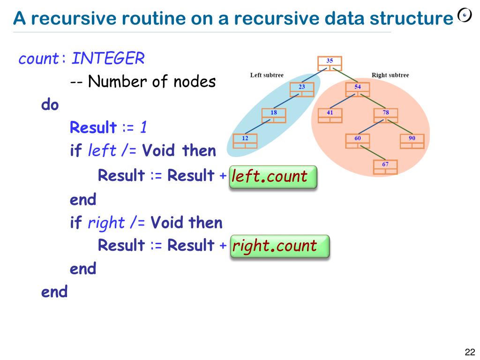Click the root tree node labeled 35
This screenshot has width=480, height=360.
[x=330, y=63]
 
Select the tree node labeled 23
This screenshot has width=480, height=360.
[x=301, y=90]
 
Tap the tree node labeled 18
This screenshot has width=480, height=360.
[x=273, y=115]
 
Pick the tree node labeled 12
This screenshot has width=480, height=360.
[x=245, y=141]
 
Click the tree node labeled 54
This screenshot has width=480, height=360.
[x=357, y=90]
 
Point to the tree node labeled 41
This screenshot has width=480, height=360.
[x=330, y=115]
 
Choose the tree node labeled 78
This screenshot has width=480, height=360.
[x=385, y=115]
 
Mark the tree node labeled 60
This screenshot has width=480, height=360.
[x=357, y=141]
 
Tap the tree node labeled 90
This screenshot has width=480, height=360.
[x=412, y=141]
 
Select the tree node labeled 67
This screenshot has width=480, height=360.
[x=385, y=167]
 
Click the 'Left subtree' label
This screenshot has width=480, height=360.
[x=267, y=75]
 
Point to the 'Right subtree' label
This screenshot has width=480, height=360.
[x=390, y=75]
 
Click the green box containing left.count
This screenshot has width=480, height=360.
[x=273, y=177]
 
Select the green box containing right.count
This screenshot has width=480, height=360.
[x=280, y=246]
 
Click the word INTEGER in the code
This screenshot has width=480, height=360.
[x=108, y=59]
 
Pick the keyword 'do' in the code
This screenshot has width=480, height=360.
[x=50, y=105]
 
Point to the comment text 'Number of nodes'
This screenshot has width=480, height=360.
[x=151, y=82]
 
